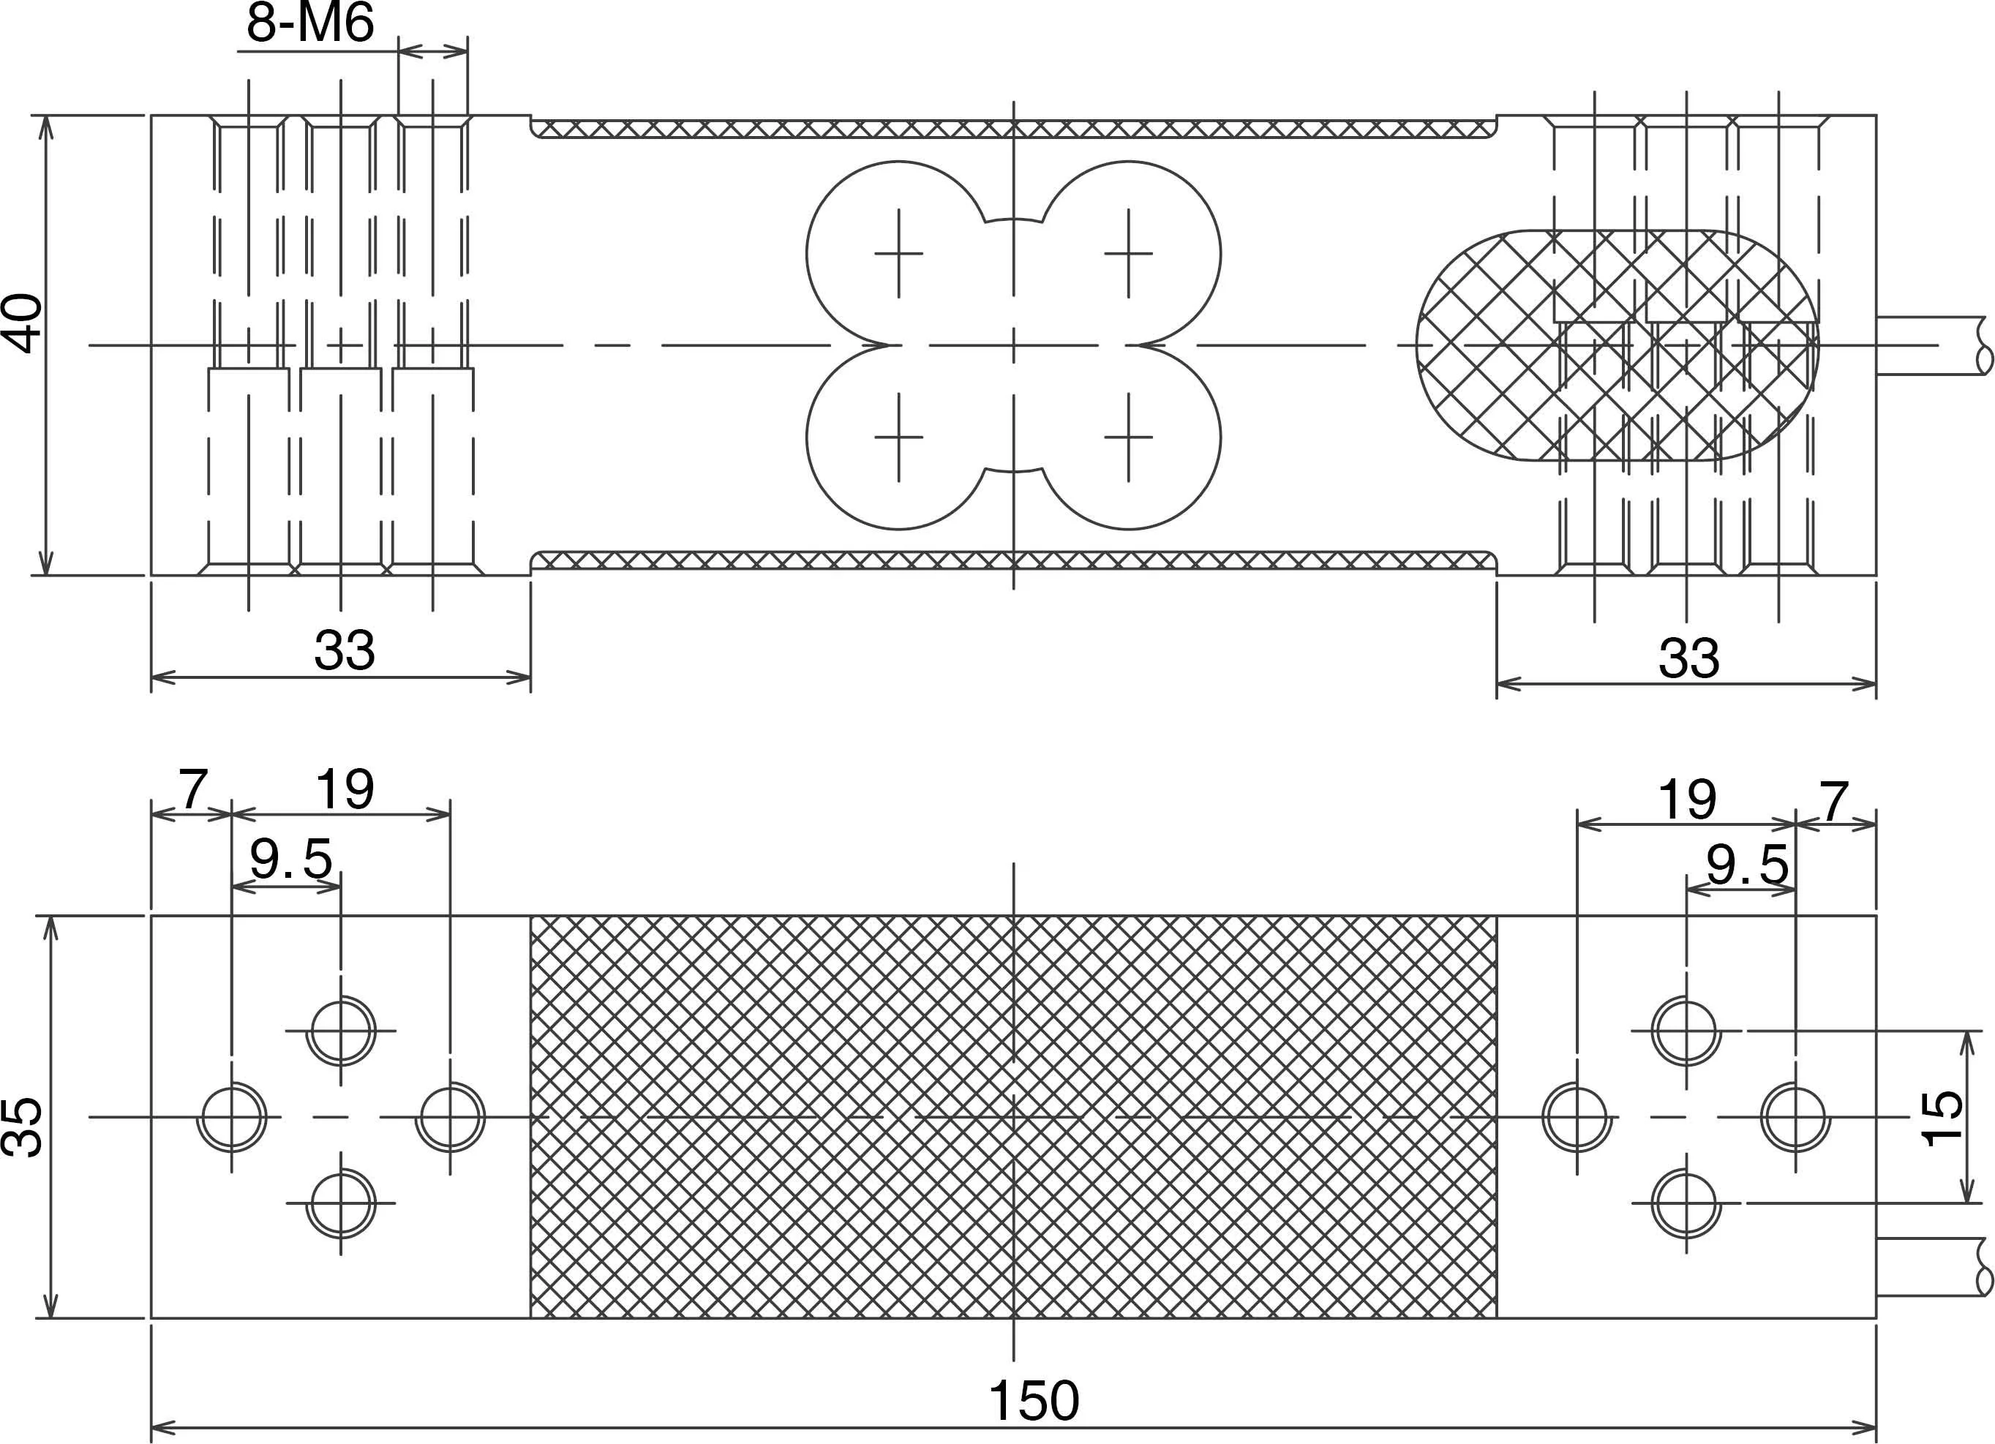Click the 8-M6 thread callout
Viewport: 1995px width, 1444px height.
pyautogui.click(x=309, y=23)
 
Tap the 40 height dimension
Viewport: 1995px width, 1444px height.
pyautogui.click(x=25, y=323)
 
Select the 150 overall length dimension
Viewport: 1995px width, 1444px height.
pyautogui.click(x=1034, y=1400)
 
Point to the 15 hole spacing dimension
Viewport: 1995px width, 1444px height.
pyautogui.click(x=1942, y=1118)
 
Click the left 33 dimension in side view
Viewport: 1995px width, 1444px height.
pyautogui.click(x=344, y=651)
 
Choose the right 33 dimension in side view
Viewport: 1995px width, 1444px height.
pyautogui.click(x=1688, y=658)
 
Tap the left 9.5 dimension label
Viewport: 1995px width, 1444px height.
pyautogui.click(x=291, y=860)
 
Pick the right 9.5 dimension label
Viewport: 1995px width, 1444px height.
pyautogui.click(x=1747, y=865)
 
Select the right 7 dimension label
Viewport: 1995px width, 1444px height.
pyautogui.click(x=1833, y=800)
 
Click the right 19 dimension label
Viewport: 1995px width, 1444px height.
pyautogui.click(x=1686, y=800)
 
